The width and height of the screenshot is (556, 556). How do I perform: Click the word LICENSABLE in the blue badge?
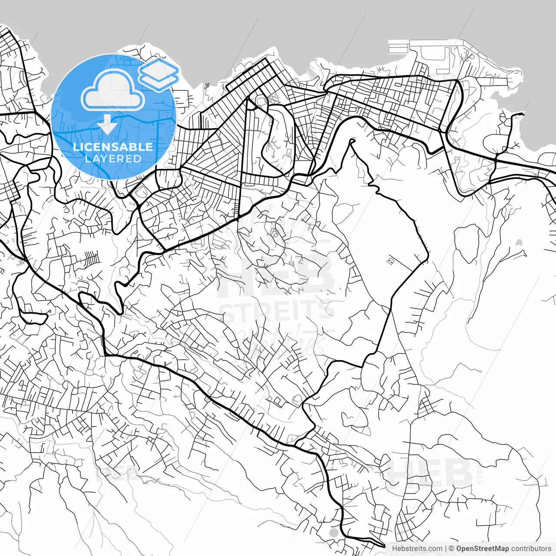pos(113,147)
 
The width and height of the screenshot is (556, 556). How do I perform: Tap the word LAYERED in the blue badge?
pos(113,159)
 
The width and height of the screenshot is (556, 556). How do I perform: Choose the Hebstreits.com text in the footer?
pos(417,549)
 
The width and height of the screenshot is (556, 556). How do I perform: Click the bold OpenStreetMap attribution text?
pos(482,549)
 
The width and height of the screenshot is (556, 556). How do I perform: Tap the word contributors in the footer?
pos(530,549)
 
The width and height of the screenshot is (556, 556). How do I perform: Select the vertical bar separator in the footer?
pos(446,549)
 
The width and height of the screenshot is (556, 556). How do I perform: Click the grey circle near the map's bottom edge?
pos(334,532)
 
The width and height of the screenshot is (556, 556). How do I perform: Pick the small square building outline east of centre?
pos(391,261)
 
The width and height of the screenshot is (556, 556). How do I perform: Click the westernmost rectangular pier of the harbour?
pos(398,46)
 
